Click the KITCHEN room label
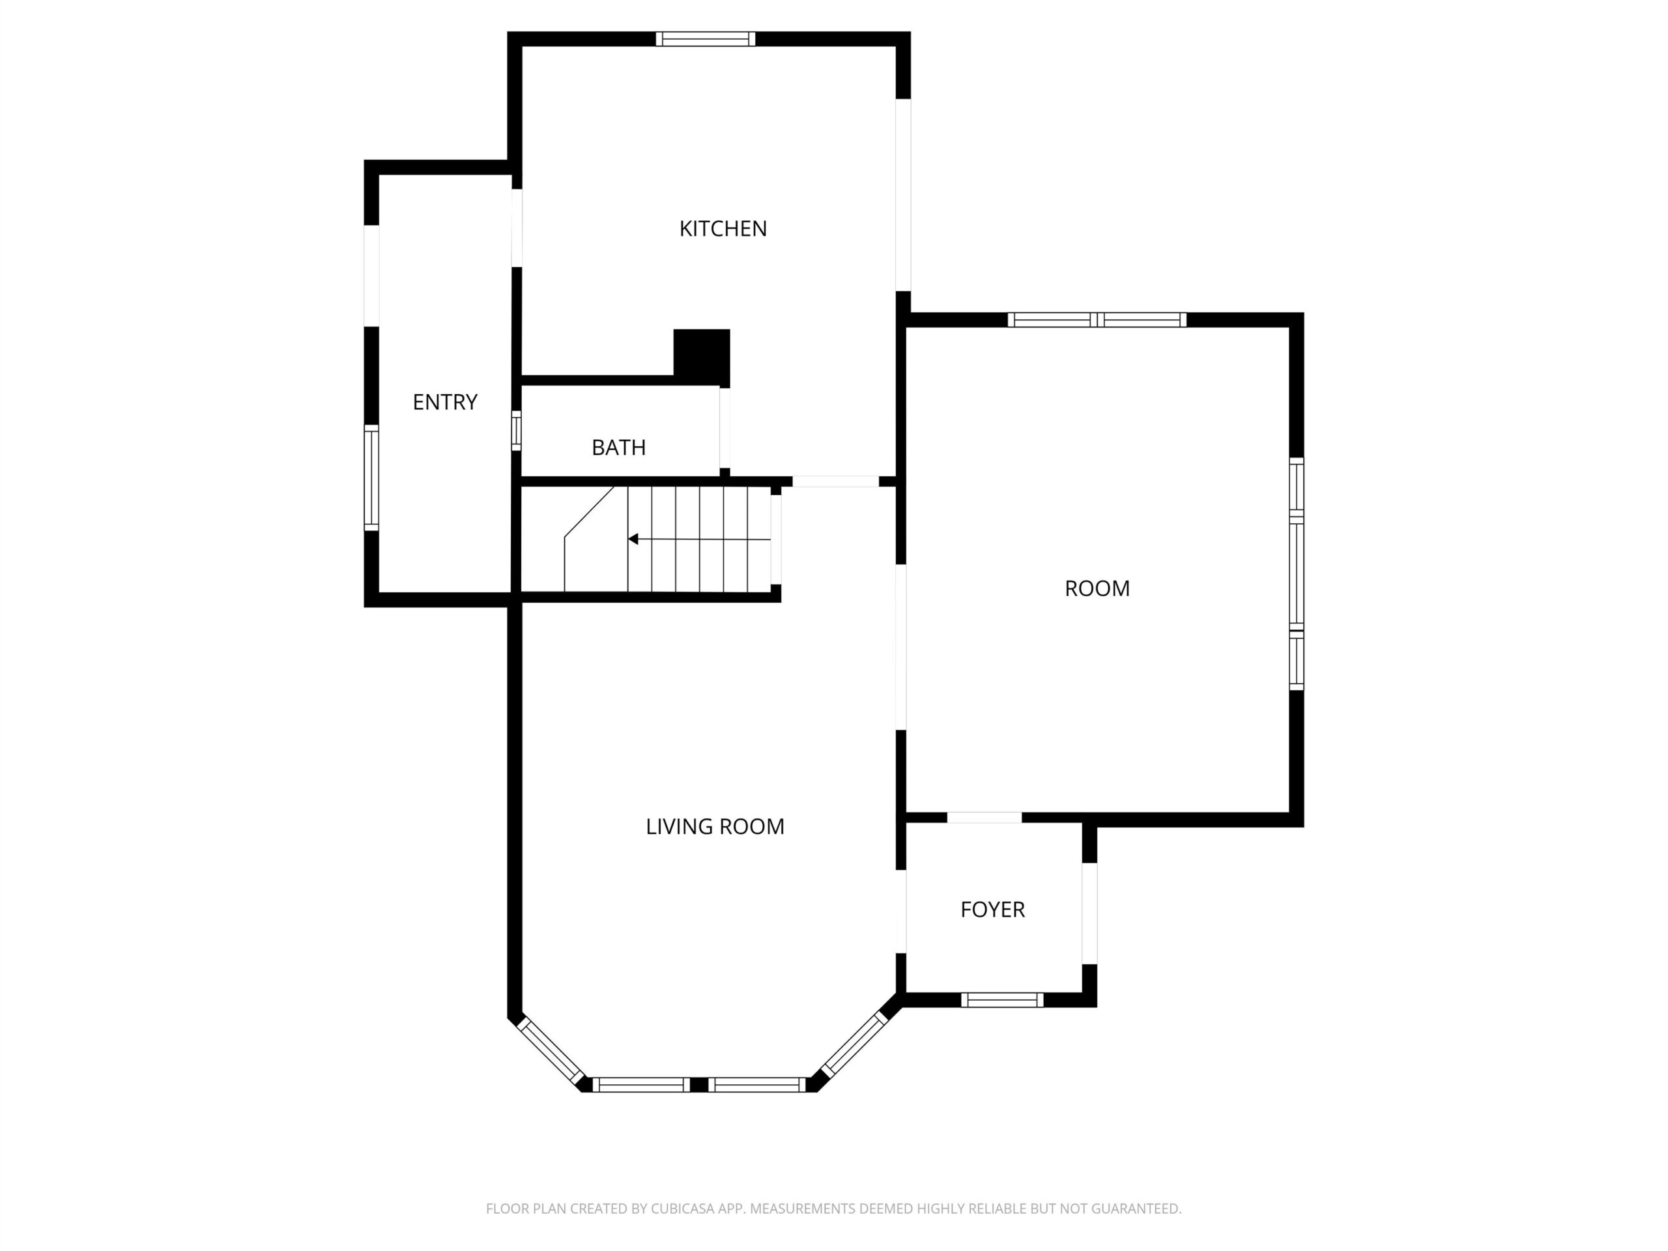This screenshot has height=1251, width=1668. pos(723,229)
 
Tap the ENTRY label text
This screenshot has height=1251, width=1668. pos(445,402)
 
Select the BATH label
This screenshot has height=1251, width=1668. pos(618,447)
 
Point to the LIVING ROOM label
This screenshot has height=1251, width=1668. pos(715,826)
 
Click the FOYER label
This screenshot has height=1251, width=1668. pos(992,910)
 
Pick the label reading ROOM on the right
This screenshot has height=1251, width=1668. pos(1097,588)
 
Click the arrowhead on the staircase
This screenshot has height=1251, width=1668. pos(633,539)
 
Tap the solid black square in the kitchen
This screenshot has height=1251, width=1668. pos(701,358)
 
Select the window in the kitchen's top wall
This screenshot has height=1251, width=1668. pos(705,39)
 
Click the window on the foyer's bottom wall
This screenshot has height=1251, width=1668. pos(1002,1000)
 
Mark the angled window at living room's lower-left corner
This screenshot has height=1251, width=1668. pos(551,1050)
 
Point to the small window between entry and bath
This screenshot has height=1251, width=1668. pos(517,431)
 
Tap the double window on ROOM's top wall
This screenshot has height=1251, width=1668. pos(1097,320)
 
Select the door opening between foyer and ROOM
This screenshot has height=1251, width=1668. pos(985,818)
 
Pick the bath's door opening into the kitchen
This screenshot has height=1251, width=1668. pos(725,428)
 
